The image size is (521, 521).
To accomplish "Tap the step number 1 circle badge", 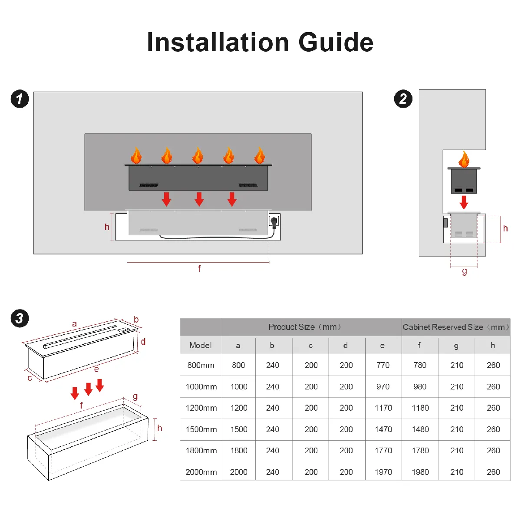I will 20,99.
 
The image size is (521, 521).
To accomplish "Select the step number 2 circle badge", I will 403,99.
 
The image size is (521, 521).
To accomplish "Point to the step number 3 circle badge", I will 20,318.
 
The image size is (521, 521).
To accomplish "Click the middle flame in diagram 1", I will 198,155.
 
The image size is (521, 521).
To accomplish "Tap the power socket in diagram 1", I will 274,222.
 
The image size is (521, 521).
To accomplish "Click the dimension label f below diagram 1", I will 199,269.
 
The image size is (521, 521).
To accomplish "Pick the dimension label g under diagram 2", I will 465,271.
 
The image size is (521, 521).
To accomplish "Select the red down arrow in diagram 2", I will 464,202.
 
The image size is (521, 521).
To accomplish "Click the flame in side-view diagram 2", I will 464,159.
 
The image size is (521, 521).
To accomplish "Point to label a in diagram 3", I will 74,324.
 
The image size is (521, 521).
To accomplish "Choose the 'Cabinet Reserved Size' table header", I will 456,327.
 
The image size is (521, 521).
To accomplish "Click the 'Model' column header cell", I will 201,346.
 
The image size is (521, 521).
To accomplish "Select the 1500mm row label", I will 201,429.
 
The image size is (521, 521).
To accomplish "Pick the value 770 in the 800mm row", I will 383,366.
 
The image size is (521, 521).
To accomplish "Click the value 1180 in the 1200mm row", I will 420,408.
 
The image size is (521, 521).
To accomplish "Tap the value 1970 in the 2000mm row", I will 383,472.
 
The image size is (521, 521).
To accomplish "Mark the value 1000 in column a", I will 239,387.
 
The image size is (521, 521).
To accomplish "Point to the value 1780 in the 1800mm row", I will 420,451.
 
